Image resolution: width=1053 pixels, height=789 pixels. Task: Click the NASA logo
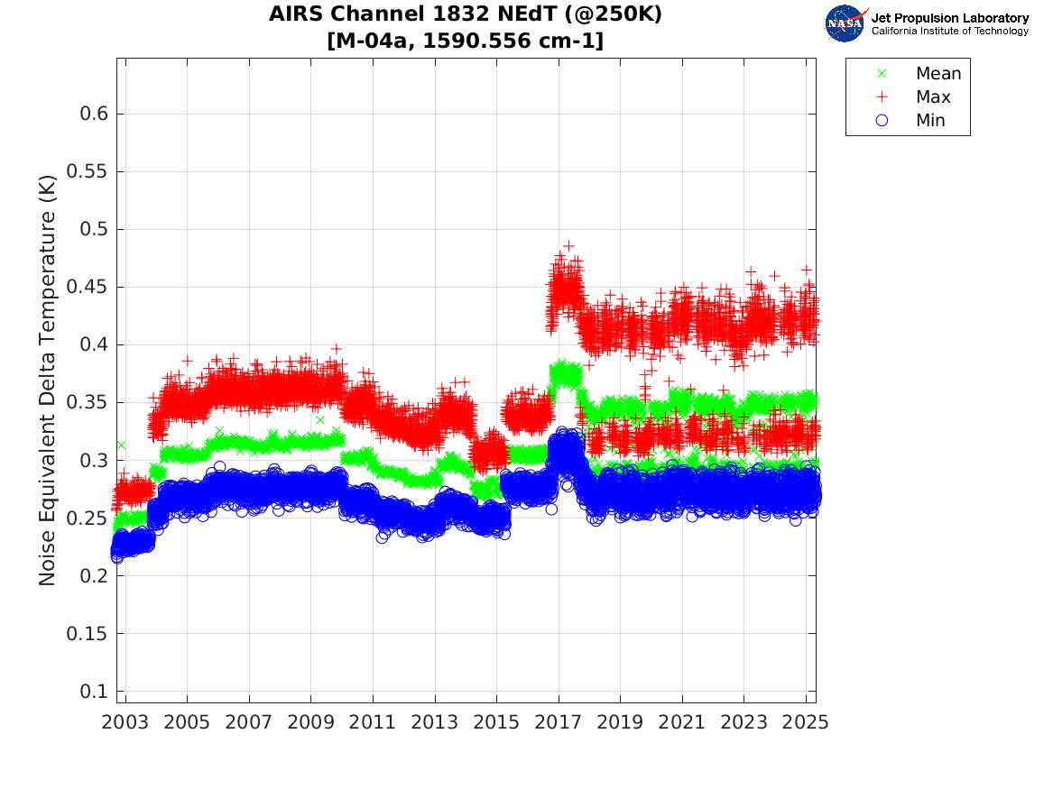coord(845,23)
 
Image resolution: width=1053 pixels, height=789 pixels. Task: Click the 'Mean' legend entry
coord(938,74)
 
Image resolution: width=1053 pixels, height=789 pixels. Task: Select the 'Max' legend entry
coord(933,97)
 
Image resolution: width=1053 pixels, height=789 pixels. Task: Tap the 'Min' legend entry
coord(930,121)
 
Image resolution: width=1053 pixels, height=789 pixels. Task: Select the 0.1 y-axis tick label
coord(95,691)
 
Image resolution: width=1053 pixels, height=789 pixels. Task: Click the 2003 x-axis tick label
coord(125,722)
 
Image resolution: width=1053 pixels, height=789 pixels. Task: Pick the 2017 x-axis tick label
coord(559,722)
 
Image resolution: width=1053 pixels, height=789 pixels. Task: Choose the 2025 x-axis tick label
coord(806,722)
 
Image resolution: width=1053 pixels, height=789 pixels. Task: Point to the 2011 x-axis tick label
coord(373,722)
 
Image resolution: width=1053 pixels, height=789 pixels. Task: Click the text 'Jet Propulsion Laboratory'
coord(949,18)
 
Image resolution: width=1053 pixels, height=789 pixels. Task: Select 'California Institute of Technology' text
coord(949,32)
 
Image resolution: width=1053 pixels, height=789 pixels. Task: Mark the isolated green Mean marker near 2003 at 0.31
coord(121,445)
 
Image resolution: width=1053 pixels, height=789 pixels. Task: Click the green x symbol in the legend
coord(882,74)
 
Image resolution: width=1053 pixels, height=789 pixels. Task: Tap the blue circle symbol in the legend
coord(882,121)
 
